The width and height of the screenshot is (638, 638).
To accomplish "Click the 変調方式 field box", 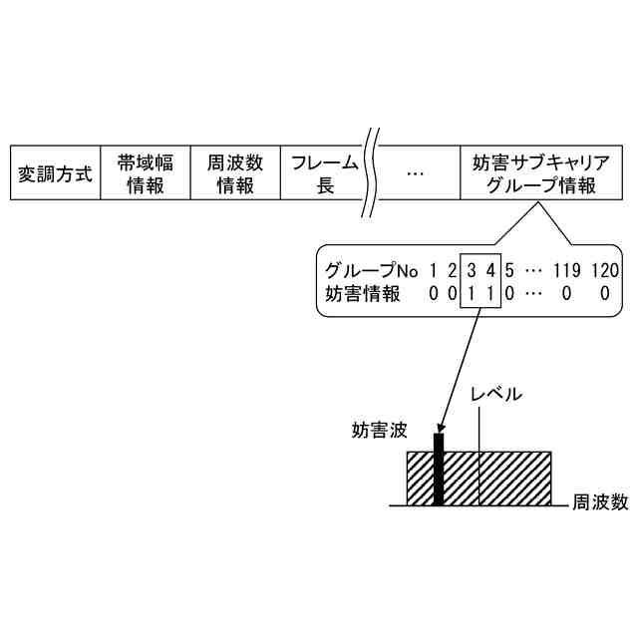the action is click(56, 173).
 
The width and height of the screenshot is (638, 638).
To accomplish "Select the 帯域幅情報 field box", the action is click(146, 173).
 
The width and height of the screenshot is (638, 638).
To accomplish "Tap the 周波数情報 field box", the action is click(235, 173).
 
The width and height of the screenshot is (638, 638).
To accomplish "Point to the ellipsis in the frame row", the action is click(416, 173).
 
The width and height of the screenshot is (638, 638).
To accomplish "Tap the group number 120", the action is click(604, 270).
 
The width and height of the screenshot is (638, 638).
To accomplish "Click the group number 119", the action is click(566, 270).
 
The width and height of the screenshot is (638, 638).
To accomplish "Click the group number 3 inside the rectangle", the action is click(471, 270).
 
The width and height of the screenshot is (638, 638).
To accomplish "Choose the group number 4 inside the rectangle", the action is click(489, 270).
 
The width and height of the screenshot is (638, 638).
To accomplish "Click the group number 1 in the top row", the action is click(434, 270).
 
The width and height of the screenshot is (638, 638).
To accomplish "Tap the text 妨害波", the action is click(380, 431).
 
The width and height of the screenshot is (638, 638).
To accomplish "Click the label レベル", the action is click(495, 393).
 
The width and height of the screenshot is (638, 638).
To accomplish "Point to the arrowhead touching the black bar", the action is click(439, 431).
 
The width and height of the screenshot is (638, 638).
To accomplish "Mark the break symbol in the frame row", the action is click(370, 171).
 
